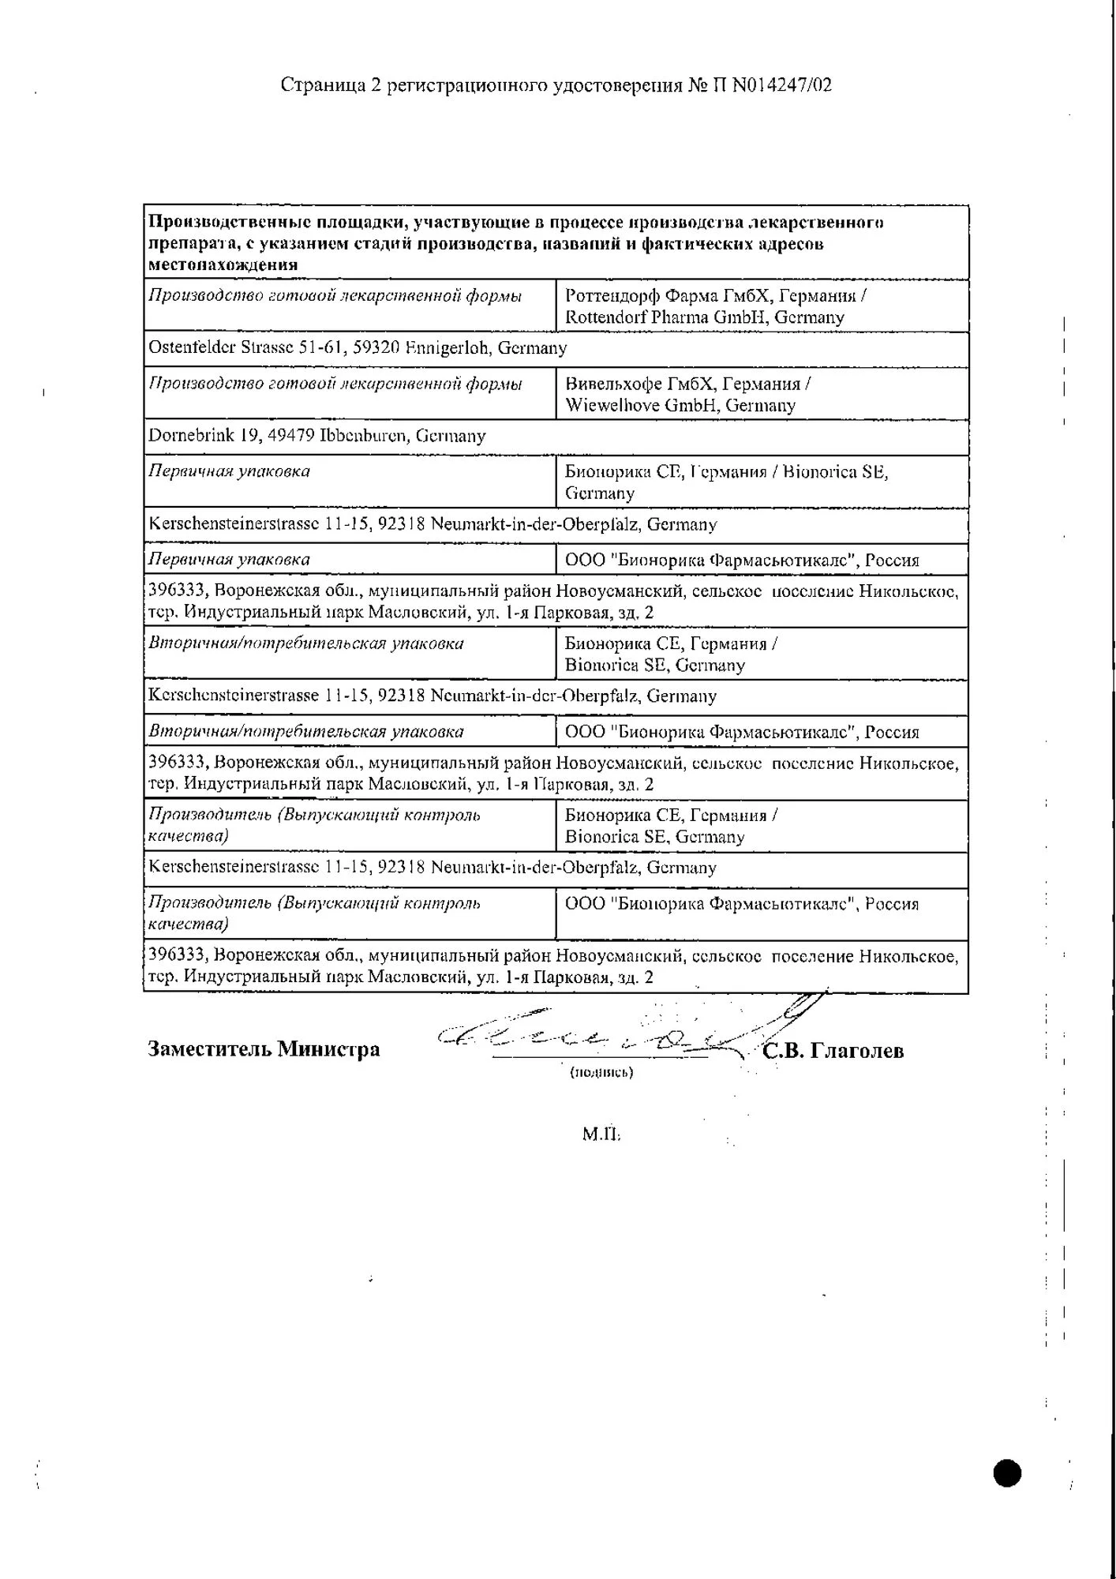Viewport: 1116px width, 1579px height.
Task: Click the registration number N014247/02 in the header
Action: pos(781,84)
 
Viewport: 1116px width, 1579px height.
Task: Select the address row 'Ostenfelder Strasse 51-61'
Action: pos(358,347)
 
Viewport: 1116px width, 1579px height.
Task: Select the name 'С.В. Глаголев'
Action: pos(833,1051)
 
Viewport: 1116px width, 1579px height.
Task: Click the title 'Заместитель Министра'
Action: pos(264,1049)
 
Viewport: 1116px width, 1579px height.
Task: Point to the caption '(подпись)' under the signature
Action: pos(601,1072)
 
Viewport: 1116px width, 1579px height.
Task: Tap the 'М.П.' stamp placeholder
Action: pos(601,1135)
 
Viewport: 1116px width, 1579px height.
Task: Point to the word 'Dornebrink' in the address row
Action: pos(187,436)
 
